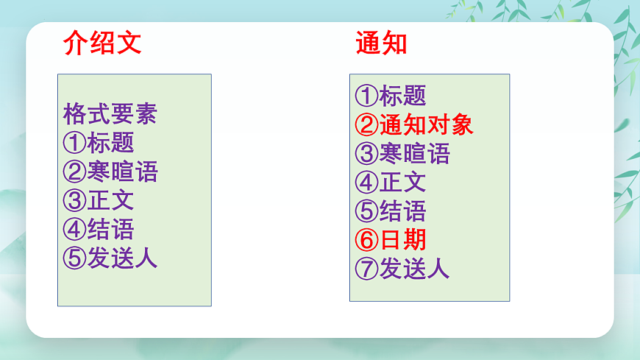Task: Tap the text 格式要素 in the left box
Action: click(110, 114)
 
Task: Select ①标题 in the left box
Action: click(99, 143)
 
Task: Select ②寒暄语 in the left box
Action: click(110, 172)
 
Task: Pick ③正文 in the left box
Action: click(99, 200)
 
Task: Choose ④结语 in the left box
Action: click(99, 229)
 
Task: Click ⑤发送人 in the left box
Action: click(110, 258)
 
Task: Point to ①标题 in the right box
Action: click(391, 96)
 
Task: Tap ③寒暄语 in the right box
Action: click(402, 153)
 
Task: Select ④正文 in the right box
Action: click(391, 182)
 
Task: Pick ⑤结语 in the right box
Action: click(391, 211)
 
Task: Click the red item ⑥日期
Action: click(391, 240)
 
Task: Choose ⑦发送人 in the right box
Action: click(402, 269)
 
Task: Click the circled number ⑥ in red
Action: click(366, 240)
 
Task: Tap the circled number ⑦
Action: click(366, 269)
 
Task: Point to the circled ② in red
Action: click(366, 124)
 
